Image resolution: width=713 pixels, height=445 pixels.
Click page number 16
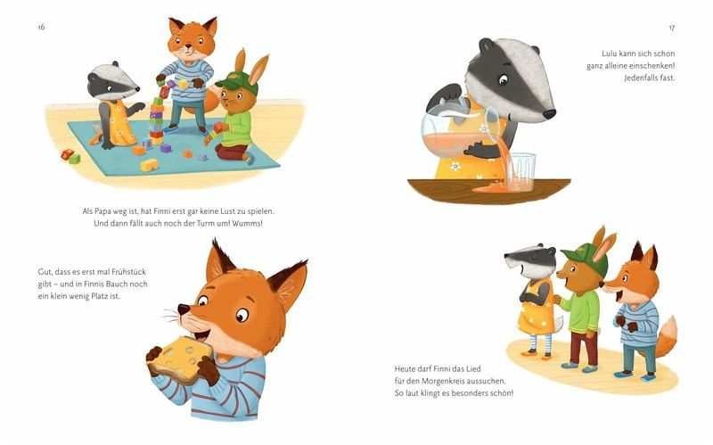point(41,27)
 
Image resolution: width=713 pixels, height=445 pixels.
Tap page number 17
point(672,28)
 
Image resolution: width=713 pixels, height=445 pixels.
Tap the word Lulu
point(611,54)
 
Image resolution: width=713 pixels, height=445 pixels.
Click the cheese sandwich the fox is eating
point(181,359)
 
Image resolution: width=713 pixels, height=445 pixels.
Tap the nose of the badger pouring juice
point(549,114)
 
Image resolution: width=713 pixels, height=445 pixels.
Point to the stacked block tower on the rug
point(157,120)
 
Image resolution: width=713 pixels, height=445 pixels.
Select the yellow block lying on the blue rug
point(150,165)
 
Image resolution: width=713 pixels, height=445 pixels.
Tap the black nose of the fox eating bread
point(184,309)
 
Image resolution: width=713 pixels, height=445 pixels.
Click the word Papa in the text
point(102,211)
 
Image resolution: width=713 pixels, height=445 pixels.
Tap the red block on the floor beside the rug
point(67,154)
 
